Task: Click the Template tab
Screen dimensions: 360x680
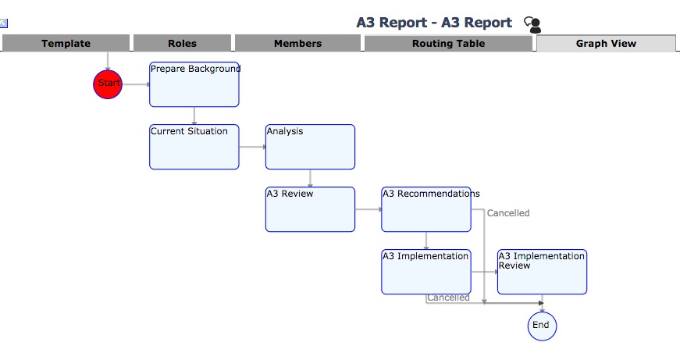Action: pos(66,44)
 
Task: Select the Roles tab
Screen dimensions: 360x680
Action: pos(182,44)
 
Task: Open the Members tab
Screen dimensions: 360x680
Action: pos(297,44)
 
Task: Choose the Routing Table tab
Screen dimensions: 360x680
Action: pos(448,44)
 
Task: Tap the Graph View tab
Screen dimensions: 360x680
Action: pos(606,44)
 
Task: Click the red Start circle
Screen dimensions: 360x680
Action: pos(108,84)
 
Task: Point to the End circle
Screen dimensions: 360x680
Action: pos(542,326)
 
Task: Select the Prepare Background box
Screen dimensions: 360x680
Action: pos(194,84)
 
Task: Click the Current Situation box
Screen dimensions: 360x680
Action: pos(194,147)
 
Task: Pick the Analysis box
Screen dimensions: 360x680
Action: pos(310,147)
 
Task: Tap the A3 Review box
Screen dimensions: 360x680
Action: pos(310,209)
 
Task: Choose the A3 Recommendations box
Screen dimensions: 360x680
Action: pos(425,209)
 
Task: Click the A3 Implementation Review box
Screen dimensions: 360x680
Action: pos(542,272)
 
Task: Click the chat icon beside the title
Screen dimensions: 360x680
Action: pos(532,24)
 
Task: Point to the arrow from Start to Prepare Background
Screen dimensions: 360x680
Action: pos(135,84)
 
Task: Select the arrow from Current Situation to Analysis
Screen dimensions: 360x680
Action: pos(252,147)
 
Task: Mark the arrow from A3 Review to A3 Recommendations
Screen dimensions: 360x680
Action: pos(368,209)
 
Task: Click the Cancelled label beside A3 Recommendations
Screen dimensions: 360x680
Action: pos(508,213)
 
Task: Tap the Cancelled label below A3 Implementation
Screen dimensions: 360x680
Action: pos(448,298)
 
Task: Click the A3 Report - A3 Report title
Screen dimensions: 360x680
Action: pos(434,23)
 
